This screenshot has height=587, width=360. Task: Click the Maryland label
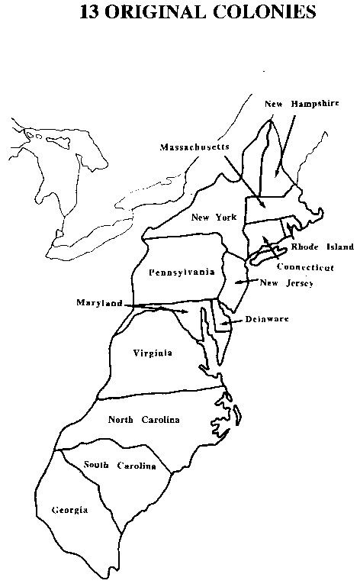[x=99, y=302]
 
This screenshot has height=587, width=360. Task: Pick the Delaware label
[x=267, y=319]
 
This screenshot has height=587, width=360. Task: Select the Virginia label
[x=152, y=353]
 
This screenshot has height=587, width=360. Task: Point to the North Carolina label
[x=143, y=419]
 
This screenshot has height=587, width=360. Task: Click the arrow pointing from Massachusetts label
[x=244, y=179]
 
